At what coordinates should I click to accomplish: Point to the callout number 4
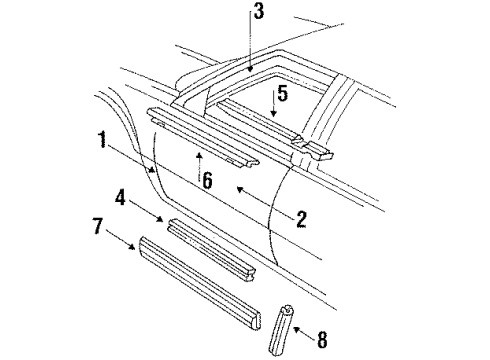point(121,198)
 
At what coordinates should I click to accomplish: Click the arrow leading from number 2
point(262,202)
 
